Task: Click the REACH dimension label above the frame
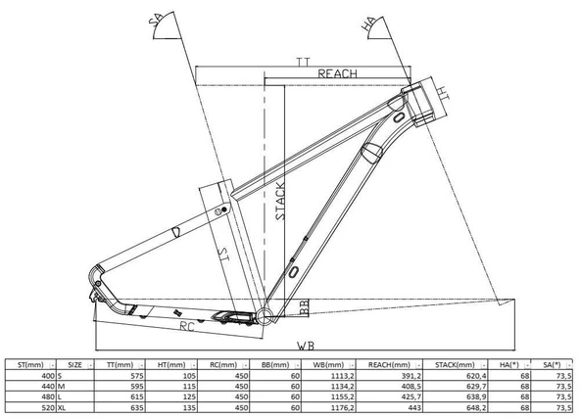pos(337,73)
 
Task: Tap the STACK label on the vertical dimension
pos(280,201)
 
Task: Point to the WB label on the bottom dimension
pos(306,346)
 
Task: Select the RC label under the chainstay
pos(187,326)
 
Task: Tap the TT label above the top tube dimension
pos(304,62)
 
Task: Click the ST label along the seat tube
pos(223,254)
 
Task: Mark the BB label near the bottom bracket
pos(304,307)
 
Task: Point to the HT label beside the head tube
pos(443,93)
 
